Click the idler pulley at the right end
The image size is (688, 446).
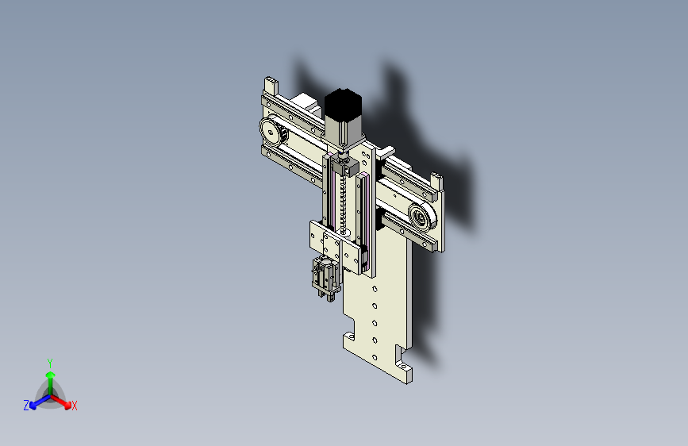(422, 217)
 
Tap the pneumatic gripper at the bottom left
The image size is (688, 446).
(325, 279)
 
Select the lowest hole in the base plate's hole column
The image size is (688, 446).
(375, 358)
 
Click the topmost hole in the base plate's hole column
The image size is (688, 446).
(375, 289)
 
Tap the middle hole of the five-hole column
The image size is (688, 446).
(375, 324)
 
